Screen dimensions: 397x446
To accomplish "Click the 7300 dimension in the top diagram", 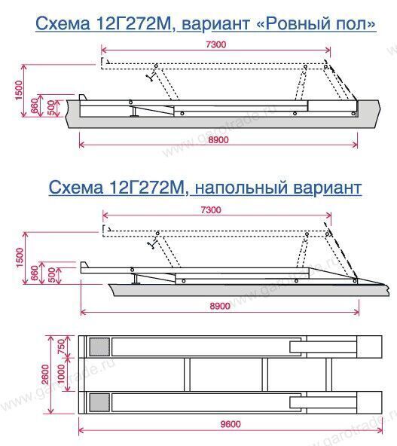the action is (x=216, y=44).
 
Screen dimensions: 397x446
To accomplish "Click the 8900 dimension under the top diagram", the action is (x=218, y=139).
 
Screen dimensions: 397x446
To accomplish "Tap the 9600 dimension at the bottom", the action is (x=231, y=424).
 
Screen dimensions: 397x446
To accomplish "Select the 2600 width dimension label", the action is (x=45, y=374).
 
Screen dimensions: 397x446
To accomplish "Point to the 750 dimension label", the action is (x=62, y=346).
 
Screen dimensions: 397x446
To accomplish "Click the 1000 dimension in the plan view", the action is (x=62, y=374).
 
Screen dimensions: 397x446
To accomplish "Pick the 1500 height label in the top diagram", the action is (x=19, y=90).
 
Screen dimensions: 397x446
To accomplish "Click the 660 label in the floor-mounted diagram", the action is (x=34, y=273).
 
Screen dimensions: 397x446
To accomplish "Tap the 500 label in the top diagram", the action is (x=51, y=108).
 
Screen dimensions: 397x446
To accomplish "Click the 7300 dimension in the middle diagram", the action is (x=211, y=210).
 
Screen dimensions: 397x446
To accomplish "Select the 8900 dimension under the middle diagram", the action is (x=220, y=306).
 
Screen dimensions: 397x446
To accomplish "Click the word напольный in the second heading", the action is (x=241, y=188).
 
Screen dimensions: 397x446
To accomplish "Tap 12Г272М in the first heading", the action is (x=133, y=23).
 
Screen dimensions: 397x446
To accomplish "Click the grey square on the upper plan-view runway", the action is (x=99, y=347).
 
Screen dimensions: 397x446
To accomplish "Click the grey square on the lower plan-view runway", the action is (x=99, y=402).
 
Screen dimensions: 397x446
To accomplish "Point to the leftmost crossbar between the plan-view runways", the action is (x=187, y=374).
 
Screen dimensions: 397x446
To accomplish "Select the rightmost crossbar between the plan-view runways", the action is (x=328, y=374).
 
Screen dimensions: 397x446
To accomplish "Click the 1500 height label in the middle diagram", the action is (x=20, y=258).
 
